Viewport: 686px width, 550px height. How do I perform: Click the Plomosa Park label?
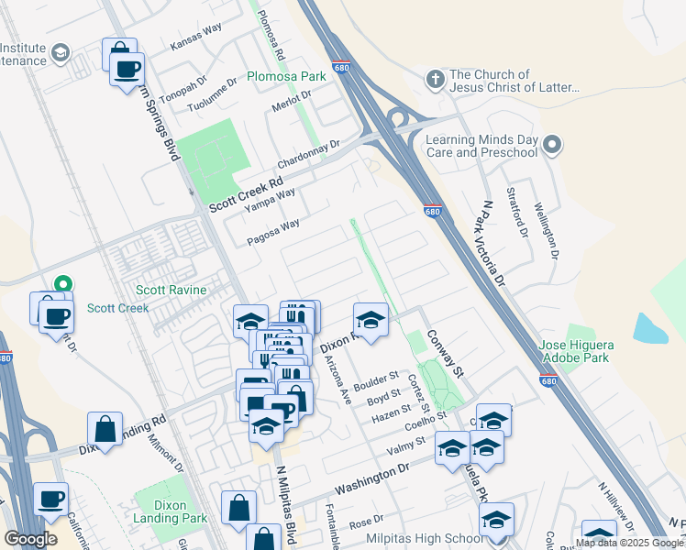pos(286,76)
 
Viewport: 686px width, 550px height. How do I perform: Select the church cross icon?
pos(435,76)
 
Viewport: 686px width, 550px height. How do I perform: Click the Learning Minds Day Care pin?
pos(551,145)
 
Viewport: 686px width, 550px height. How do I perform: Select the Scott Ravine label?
pos(172,290)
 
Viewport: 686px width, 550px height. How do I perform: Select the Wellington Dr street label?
pos(545,234)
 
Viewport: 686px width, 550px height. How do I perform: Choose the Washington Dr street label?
pos(371,479)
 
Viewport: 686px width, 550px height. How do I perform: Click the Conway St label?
pos(446,354)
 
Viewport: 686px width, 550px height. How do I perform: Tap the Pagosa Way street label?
pos(273,232)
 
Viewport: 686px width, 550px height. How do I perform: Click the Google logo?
pos(30,539)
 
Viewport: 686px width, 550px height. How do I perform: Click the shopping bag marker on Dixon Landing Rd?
pos(105,428)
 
